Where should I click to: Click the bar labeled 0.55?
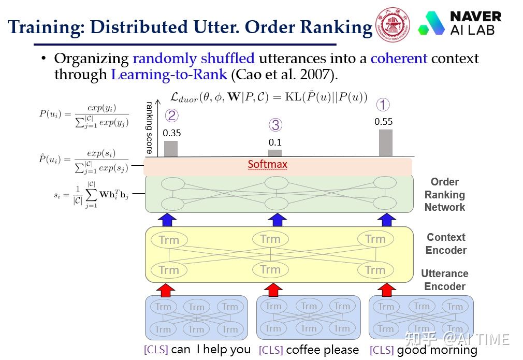tap(385, 142)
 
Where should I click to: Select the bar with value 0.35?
tap(171, 148)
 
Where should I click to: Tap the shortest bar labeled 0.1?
tap(275, 153)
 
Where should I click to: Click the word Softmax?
tap(267, 165)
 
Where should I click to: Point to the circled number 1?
tap(382, 105)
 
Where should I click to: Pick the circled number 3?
tap(275, 125)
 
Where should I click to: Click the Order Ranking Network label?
tap(444, 195)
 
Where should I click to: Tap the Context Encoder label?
tap(446, 243)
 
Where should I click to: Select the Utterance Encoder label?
tap(444, 280)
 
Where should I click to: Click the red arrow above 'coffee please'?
tap(274, 289)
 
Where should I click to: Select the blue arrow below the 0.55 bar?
tap(386, 219)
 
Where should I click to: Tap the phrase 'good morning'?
tap(437, 350)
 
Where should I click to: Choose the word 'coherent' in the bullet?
tap(399, 59)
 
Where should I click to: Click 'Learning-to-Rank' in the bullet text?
tap(169, 75)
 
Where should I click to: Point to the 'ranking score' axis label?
tap(149, 127)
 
